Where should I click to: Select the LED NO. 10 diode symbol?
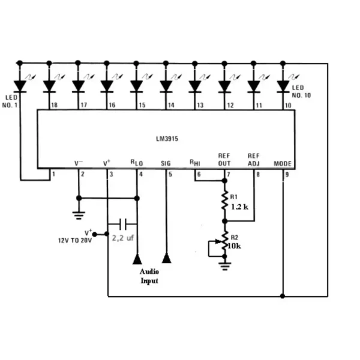[283, 85]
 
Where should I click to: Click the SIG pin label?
[166, 163]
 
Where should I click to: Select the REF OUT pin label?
[224, 159]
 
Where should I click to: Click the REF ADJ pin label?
[253, 159]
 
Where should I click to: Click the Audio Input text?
[149, 276]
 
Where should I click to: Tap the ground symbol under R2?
[225, 264]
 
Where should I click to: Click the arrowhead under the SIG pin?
[166, 258]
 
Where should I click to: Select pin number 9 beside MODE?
[287, 174]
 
